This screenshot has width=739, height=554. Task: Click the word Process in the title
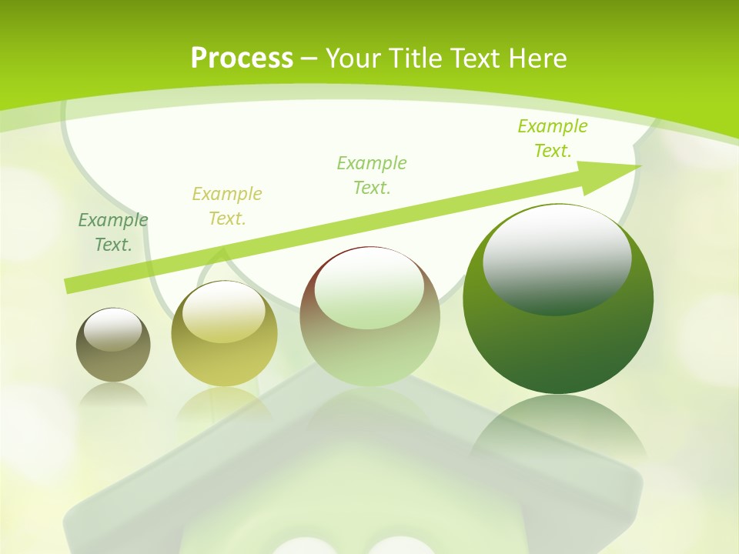pos(242,58)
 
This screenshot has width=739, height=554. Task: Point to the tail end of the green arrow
pos(69,285)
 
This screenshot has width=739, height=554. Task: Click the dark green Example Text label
pos(113,232)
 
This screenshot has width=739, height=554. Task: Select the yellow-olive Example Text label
pos(227,206)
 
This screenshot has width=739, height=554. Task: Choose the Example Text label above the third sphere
pos(372,175)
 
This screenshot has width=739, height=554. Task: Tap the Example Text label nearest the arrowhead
pos(553,138)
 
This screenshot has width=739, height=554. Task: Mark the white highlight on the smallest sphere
pos(113,329)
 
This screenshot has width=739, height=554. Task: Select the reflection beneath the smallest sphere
pos(113,394)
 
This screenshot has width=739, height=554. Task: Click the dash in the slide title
pos(309,59)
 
